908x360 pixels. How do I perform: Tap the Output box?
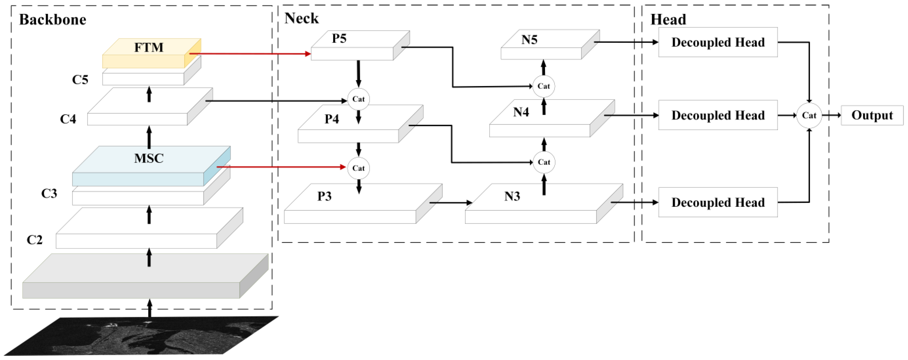(x=872, y=115)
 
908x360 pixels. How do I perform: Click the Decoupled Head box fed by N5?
(x=718, y=42)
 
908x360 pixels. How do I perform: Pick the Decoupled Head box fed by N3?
(x=718, y=202)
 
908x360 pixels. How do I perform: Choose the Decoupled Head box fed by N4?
(x=718, y=115)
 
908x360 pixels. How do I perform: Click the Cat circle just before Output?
(x=809, y=115)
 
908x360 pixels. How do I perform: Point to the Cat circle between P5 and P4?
(x=358, y=99)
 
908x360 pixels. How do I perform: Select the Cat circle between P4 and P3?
(x=358, y=168)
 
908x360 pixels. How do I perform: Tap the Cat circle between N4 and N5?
(x=543, y=86)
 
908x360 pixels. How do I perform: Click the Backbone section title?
(x=52, y=20)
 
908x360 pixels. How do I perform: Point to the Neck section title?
(x=301, y=18)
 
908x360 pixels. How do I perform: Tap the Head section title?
(x=668, y=20)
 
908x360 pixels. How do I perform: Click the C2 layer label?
(x=35, y=240)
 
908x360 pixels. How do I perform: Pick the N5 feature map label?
(x=529, y=40)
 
